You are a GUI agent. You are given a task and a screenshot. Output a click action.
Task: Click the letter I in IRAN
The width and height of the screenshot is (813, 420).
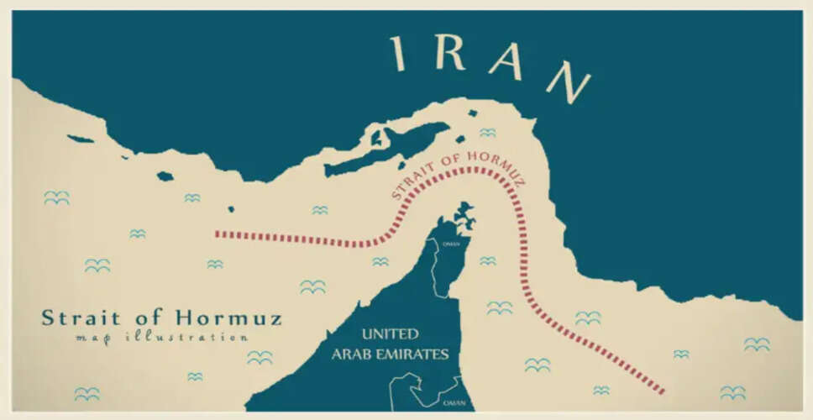[399, 53]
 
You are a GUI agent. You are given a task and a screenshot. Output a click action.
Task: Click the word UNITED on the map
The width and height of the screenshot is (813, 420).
[390, 333]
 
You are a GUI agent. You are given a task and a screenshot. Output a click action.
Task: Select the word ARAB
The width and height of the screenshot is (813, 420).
[352, 354]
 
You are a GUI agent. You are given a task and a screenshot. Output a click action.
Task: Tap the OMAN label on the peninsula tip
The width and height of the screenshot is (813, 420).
[451, 244]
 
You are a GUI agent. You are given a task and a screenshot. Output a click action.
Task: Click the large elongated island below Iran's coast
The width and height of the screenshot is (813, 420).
[386, 149]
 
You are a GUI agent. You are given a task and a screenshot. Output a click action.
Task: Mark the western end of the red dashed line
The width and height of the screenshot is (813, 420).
[218, 234]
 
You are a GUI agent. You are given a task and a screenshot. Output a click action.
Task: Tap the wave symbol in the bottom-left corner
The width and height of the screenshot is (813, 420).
[87, 393]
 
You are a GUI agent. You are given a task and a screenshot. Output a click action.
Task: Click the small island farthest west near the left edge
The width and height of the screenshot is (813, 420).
[81, 139]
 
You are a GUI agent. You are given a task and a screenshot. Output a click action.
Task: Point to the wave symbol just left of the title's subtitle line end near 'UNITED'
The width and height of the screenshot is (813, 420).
[260, 357]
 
